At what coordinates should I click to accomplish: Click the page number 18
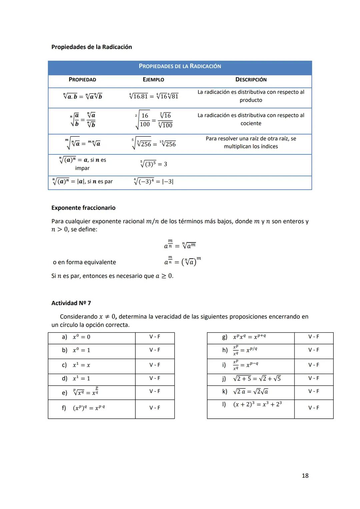[x=305, y=476]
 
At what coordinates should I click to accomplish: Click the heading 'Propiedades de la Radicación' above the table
[x=92, y=47]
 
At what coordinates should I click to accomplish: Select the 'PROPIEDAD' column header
[x=82, y=80]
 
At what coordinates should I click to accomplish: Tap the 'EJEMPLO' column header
[x=153, y=80]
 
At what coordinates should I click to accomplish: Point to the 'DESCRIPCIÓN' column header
[x=251, y=80]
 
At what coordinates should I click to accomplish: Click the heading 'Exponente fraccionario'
[x=83, y=208]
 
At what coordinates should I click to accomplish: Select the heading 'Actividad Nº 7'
[x=71, y=303]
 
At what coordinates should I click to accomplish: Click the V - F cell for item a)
[x=155, y=337]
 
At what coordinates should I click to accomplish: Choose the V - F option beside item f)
[x=155, y=408]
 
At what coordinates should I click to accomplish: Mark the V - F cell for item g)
[x=314, y=337]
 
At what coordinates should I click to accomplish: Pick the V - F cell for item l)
[x=314, y=408]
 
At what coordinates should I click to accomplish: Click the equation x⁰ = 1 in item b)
[x=81, y=350]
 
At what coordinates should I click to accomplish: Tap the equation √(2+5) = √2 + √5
[x=257, y=379]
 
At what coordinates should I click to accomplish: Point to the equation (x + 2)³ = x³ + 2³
[x=257, y=404]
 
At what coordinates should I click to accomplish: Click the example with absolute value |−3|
[x=154, y=182]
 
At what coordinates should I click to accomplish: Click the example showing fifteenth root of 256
[x=168, y=144]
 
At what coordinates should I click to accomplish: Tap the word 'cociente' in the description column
[x=251, y=123]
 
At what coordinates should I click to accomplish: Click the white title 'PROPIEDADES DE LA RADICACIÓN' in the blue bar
[x=180, y=66]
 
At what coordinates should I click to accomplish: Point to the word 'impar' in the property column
[x=82, y=168]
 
